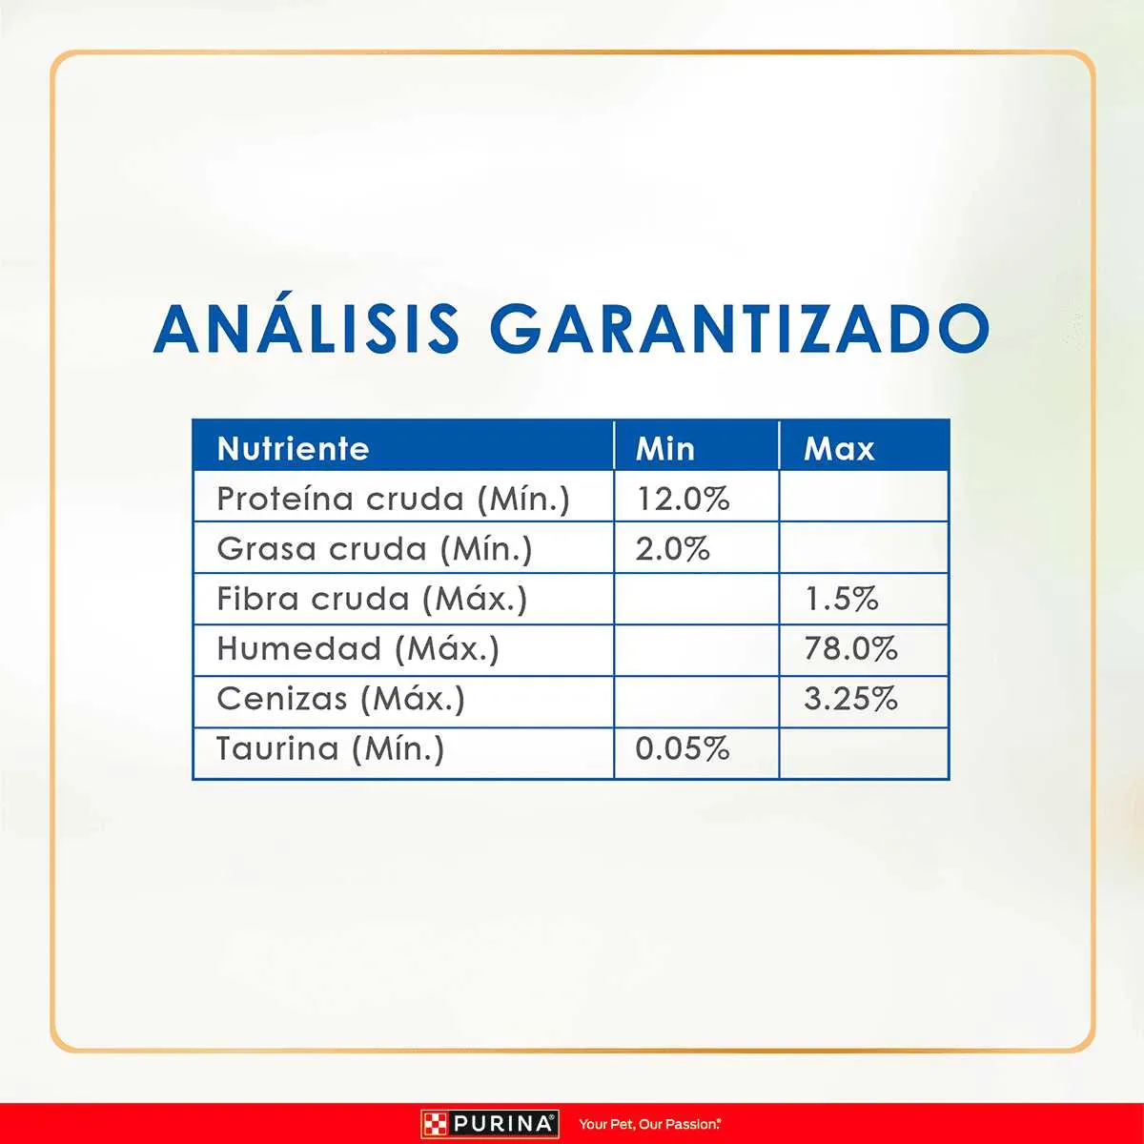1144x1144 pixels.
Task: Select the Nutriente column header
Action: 294,449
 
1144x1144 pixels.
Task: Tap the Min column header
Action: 664,449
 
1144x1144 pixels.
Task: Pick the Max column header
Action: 839,449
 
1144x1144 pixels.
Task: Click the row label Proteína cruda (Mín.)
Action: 393,499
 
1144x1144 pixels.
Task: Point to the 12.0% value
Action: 683,499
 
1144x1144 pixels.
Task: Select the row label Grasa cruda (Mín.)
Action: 374,549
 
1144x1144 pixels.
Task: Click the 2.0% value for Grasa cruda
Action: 673,549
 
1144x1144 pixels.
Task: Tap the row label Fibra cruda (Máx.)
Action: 372,599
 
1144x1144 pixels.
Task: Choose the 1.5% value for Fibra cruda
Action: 842,599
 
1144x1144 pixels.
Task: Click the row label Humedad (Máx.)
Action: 358,649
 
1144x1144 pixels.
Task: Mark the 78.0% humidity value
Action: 850,649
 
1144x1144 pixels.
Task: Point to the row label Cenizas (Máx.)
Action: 340,699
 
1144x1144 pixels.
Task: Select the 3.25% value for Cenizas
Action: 850,699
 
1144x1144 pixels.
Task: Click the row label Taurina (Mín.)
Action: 330,748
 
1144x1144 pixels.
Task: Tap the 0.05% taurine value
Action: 683,748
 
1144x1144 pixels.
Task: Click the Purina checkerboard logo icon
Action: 435,1124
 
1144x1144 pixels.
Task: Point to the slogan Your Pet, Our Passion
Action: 649,1124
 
